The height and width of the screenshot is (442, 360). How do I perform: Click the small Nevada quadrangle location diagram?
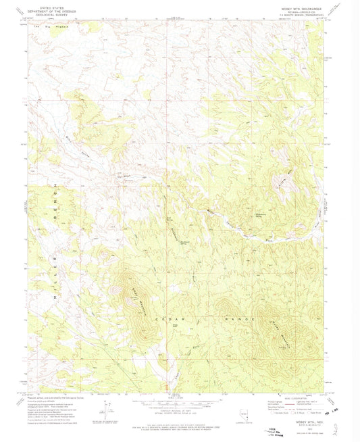point(245,414)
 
